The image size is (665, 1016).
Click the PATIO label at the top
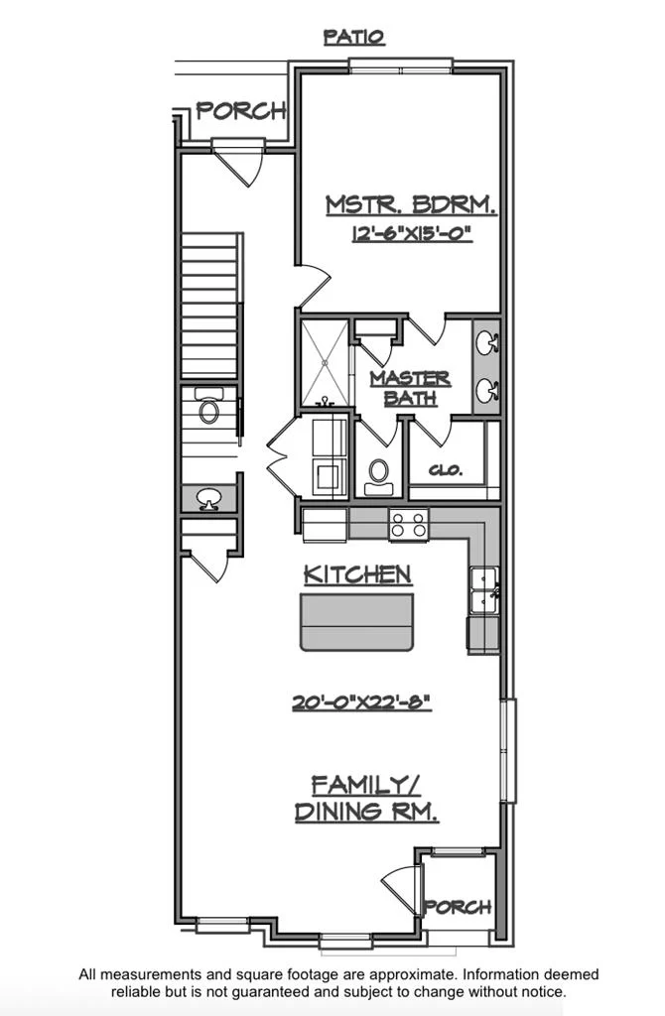(354, 37)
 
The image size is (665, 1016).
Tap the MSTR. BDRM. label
(411, 204)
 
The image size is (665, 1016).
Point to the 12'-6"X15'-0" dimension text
(412, 233)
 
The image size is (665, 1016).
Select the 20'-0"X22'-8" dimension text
(361, 702)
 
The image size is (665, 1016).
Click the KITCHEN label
(357, 574)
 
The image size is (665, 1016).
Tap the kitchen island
(356, 622)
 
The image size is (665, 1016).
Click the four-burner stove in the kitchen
(409, 524)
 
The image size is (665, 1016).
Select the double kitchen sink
(484, 589)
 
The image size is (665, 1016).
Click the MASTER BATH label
(410, 388)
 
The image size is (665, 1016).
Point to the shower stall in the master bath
(326, 363)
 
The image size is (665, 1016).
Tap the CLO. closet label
(446, 470)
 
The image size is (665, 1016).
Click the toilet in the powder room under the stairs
(208, 406)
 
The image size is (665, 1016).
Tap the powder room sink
(208, 499)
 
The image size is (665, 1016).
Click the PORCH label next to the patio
(241, 111)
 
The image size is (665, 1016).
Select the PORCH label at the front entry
(458, 907)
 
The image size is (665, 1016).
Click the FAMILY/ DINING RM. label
(367, 799)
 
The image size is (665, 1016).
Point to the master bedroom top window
(401, 64)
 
